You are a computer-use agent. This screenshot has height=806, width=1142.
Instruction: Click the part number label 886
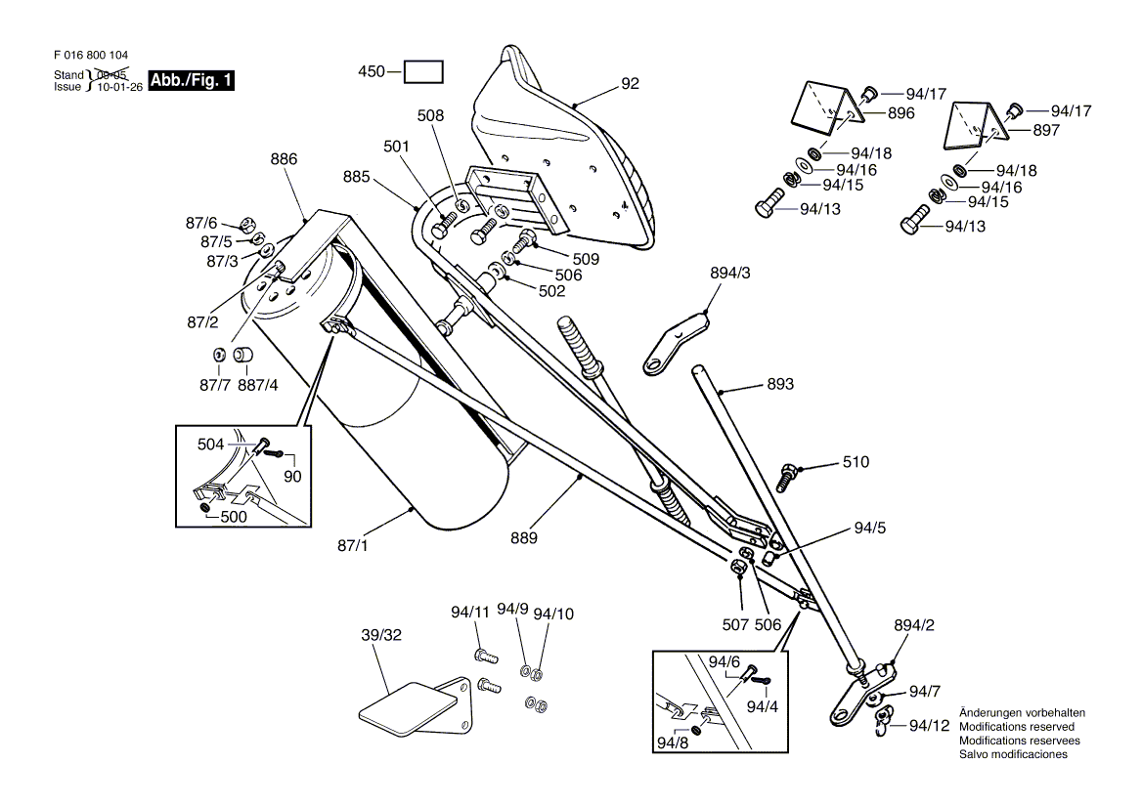(x=284, y=159)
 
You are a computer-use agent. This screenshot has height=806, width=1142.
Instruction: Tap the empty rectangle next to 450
(x=424, y=72)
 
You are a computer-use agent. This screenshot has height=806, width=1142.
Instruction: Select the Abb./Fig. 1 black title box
(x=192, y=80)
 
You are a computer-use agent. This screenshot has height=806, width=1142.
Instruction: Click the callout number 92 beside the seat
(x=630, y=84)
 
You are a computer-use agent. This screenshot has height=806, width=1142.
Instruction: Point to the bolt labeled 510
(x=789, y=476)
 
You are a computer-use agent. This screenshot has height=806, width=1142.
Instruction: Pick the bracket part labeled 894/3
(x=676, y=343)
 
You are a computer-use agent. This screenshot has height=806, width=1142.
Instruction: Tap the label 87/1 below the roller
(x=353, y=545)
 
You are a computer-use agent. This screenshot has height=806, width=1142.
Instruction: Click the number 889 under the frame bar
(x=524, y=538)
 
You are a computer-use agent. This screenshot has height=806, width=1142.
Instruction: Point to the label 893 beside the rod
(x=780, y=384)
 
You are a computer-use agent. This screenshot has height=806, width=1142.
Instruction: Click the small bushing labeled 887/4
(x=243, y=356)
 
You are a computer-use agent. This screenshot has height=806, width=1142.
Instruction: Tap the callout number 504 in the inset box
(x=210, y=445)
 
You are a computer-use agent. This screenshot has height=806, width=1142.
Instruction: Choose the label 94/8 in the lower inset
(x=673, y=742)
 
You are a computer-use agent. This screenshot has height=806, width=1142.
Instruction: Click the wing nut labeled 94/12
(x=882, y=723)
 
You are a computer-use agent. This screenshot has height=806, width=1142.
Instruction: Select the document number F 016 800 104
(x=91, y=56)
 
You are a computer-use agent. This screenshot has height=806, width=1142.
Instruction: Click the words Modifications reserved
(x=1017, y=727)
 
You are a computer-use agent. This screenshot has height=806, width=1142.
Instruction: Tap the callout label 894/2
(x=914, y=625)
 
